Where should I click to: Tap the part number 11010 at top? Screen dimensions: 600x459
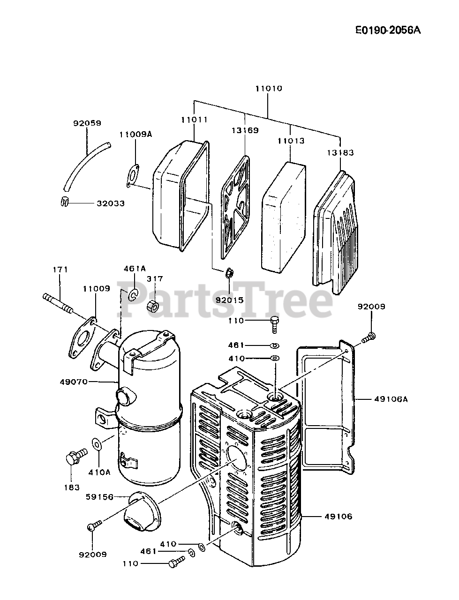[269, 88]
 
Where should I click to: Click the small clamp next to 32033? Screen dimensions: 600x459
[65, 202]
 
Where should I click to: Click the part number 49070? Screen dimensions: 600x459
[74, 382]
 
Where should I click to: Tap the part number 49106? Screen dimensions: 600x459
[337, 517]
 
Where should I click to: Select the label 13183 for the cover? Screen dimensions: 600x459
[341, 152]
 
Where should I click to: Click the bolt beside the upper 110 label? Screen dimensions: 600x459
[274, 322]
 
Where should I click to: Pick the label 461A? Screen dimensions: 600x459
[135, 269]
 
